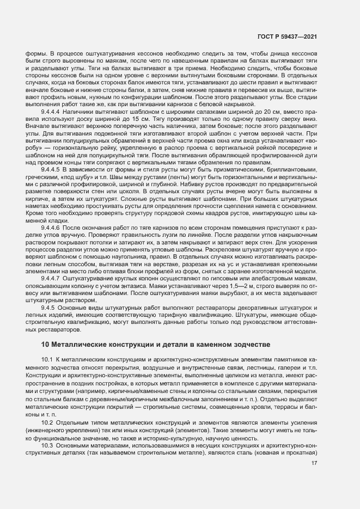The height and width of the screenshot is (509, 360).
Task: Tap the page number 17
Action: click(314, 463)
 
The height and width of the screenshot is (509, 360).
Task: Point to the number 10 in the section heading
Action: click(45, 344)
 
